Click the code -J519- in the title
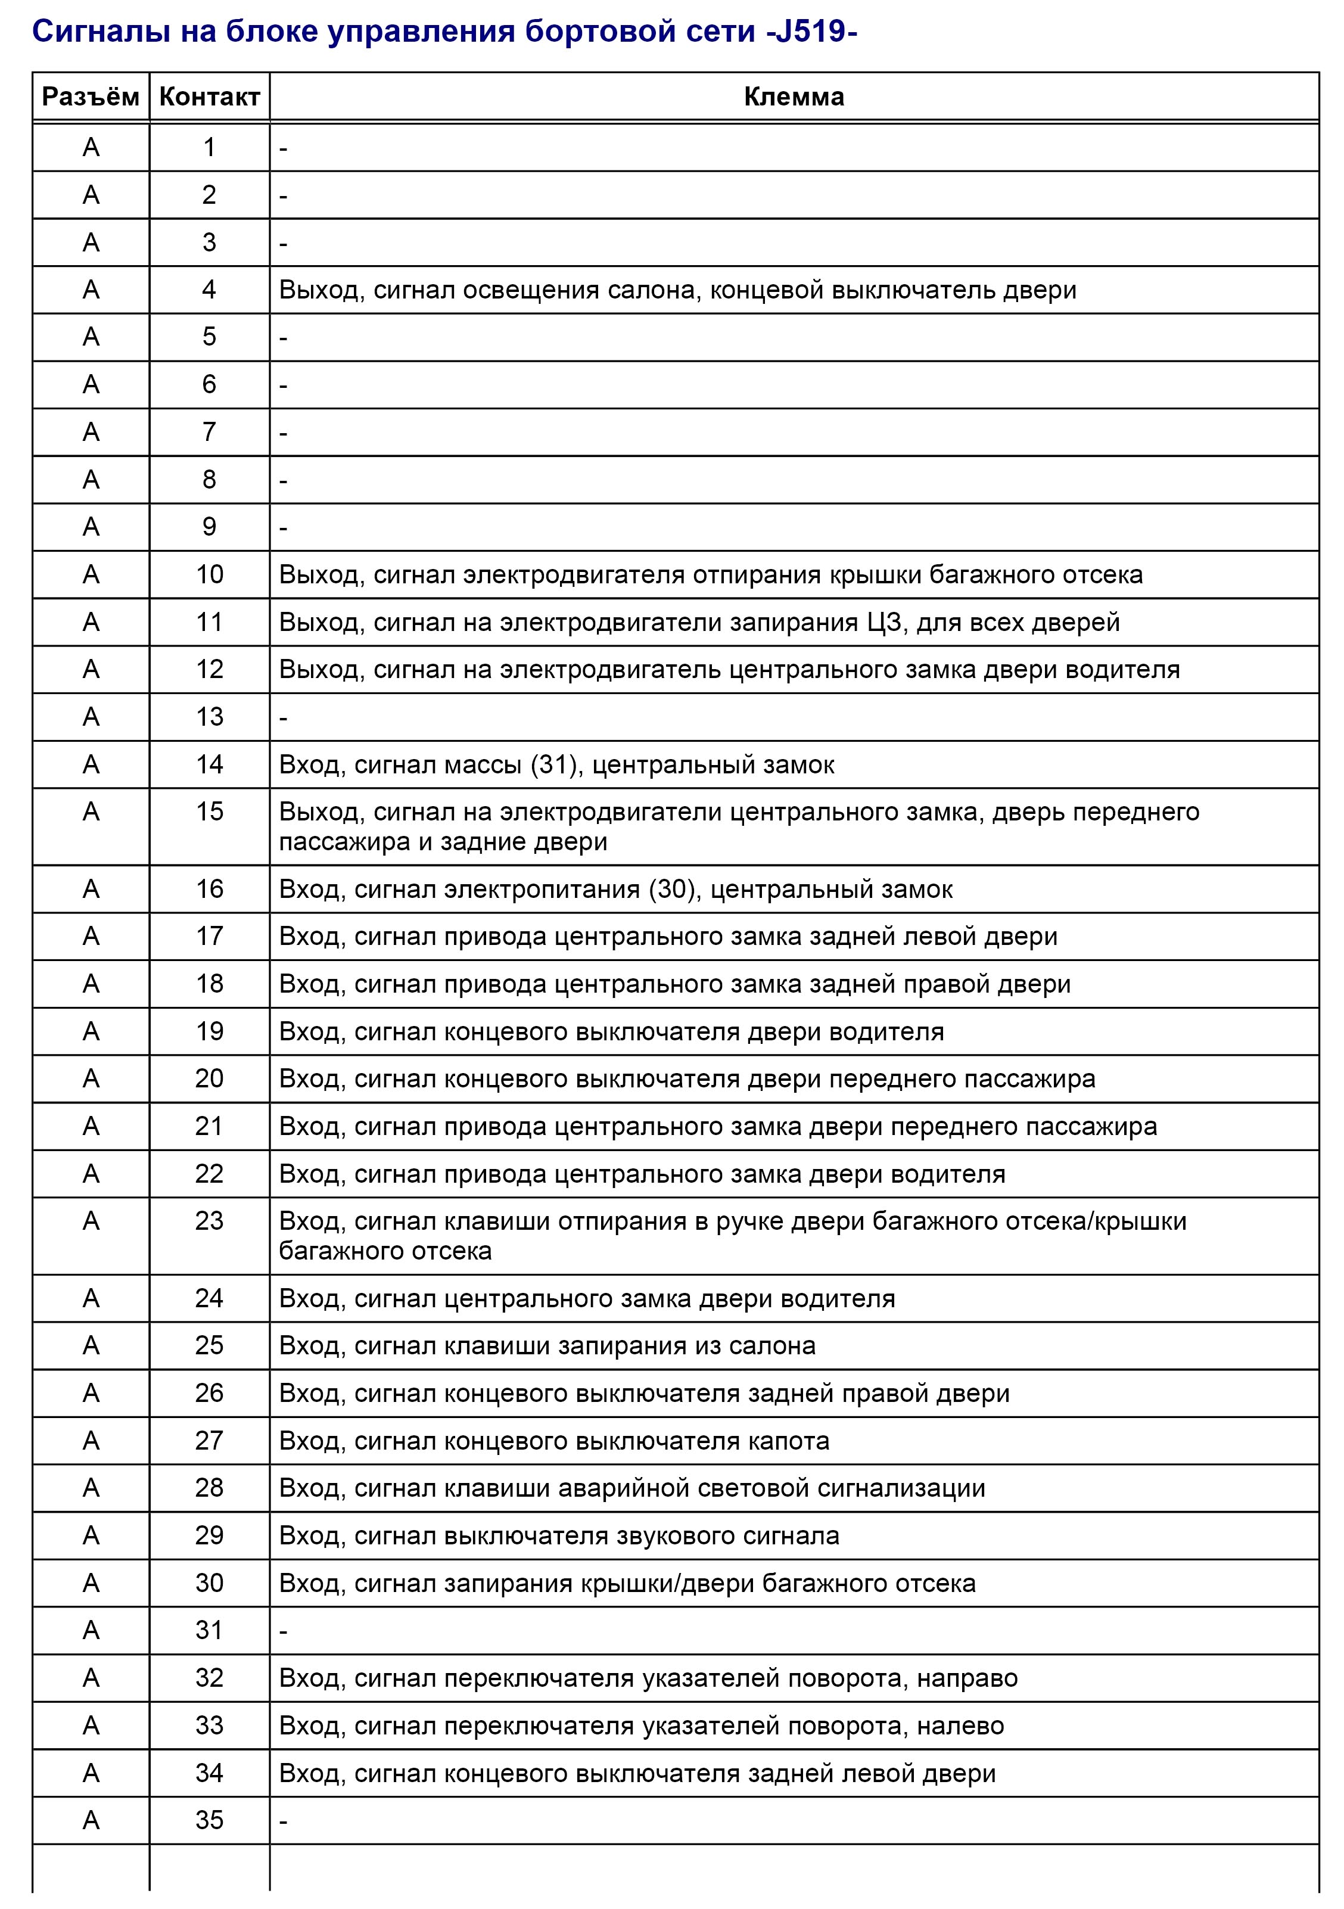[x=806, y=32]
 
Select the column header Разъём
[x=91, y=97]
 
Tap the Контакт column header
[x=210, y=97]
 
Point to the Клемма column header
[x=794, y=97]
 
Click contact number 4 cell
[x=210, y=290]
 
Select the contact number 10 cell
[x=210, y=574]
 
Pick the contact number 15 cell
[x=210, y=812]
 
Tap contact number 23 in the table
[x=210, y=1221]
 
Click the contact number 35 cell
[x=210, y=1820]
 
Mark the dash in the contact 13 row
[x=284, y=717]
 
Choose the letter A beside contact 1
[x=91, y=147]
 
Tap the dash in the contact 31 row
[x=284, y=1631]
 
